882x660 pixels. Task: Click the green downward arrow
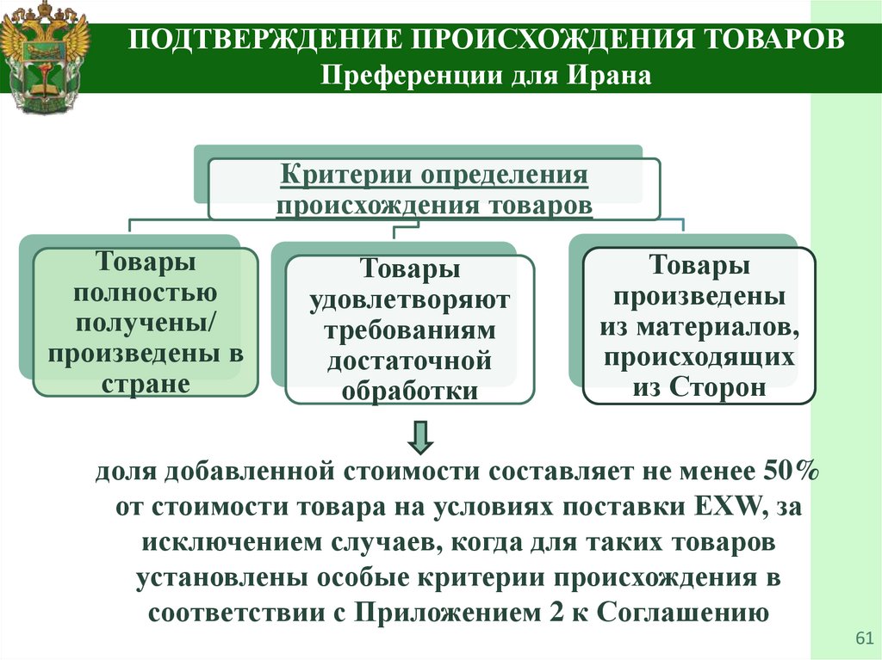(420, 438)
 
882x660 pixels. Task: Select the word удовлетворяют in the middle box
(409, 299)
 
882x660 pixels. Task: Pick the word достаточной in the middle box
(409, 360)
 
